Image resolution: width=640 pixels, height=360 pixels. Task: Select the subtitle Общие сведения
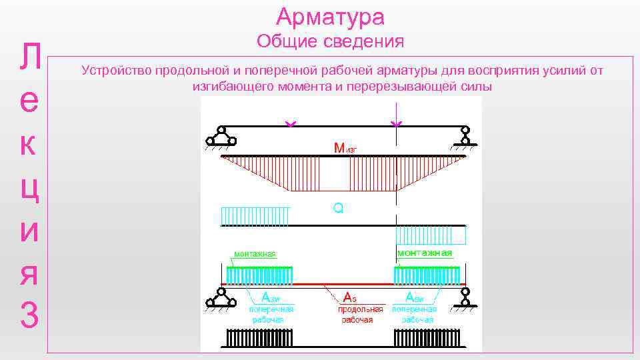coord(331,41)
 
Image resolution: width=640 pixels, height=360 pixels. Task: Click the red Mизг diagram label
coord(345,147)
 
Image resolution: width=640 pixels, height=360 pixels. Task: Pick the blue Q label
coord(338,209)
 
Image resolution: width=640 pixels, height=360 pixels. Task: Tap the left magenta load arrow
coord(290,124)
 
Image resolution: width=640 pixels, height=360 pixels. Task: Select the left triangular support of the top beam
coord(221,137)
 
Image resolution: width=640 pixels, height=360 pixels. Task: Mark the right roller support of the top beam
coord(465,137)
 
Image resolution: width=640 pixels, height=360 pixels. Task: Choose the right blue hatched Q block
coord(430,235)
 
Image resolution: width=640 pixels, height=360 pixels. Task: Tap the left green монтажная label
coord(254,253)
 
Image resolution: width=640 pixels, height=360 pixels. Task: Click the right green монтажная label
coord(424,253)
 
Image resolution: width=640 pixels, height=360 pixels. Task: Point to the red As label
coord(350,297)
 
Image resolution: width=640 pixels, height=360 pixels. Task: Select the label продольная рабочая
coord(361,315)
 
